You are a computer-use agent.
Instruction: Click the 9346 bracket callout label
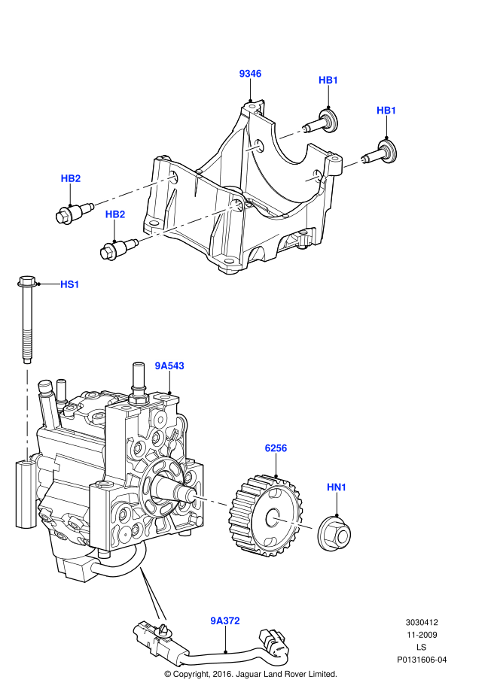click(250, 74)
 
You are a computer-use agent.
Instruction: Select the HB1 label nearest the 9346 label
click(328, 80)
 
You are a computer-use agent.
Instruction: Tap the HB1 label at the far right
click(386, 111)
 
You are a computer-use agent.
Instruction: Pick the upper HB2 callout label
click(71, 178)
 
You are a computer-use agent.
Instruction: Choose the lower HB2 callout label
click(115, 214)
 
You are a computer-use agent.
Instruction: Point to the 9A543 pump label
click(169, 366)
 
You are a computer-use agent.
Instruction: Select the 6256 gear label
click(276, 448)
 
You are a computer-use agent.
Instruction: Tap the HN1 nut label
click(337, 487)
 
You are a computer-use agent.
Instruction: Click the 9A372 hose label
click(224, 621)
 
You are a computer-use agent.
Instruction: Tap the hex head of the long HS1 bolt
click(25, 284)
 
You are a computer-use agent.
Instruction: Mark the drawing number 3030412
click(422, 623)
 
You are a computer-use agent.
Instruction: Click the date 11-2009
click(422, 635)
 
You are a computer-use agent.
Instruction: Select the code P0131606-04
click(422, 660)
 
